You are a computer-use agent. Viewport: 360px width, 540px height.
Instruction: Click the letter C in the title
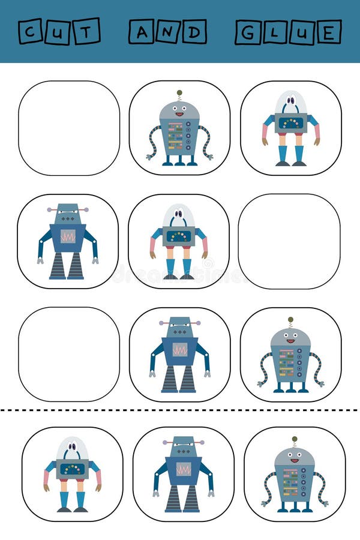tap(30, 31)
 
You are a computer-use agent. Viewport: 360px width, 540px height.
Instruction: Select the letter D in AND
tap(194, 31)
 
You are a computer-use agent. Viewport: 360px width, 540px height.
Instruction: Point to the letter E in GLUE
tap(329, 32)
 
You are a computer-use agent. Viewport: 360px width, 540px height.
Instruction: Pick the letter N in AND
tap(167, 31)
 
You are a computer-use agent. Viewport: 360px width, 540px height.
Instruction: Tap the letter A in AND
tap(141, 31)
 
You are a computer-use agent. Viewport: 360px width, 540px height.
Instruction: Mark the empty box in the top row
tap(69, 128)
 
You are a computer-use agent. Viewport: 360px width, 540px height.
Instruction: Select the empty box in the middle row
tap(289, 241)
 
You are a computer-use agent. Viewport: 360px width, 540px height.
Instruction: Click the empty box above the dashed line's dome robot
tap(69, 354)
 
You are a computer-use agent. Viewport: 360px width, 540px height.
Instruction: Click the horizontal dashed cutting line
tap(180, 410)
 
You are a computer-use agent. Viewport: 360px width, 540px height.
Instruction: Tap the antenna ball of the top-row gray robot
tap(179, 93)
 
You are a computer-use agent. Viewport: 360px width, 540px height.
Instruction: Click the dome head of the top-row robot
tap(291, 102)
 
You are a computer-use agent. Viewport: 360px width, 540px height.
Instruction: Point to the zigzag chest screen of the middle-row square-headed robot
tap(68, 236)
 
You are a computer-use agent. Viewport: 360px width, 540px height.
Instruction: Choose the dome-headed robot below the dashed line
tap(73, 474)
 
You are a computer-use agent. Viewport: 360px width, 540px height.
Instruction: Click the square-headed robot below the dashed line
tap(183, 474)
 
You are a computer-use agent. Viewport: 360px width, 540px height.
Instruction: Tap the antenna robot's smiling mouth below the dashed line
tap(294, 461)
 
